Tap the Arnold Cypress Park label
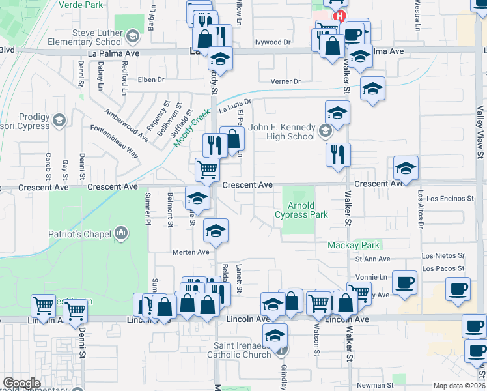pyautogui.click(x=300, y=210)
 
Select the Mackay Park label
pyautogui.click(x=352, y=246)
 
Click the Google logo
pyautogui.click(x=21, y=383)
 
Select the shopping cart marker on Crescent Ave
pyautogui.click(x=208, y=170)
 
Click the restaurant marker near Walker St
pyautogui.click(x=338, y=155)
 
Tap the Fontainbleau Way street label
pyautogui.click(x=115, y=142)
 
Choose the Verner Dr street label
pyautogui.click(x=285, y=81)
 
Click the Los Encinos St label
pyautogui.click(x=450, y=198)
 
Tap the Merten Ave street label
pyautogui.click(x=190, y=252)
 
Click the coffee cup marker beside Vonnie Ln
pyautogui.click(x=405, y=283)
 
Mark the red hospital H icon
pyautogui.click(x=339, y=16)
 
